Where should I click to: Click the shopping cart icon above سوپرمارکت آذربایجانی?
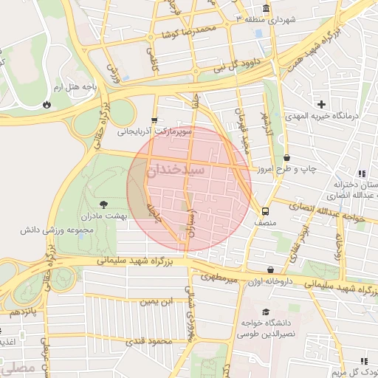[x=154, y=120]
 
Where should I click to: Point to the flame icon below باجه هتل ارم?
[x=48, y=104]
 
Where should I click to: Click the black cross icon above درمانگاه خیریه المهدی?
[x=321, y=104]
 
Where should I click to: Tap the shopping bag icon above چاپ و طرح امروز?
[x=286, y=157]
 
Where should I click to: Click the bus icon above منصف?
[x=255, y=209]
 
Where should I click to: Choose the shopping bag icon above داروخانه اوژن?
[x=271, y=270]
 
